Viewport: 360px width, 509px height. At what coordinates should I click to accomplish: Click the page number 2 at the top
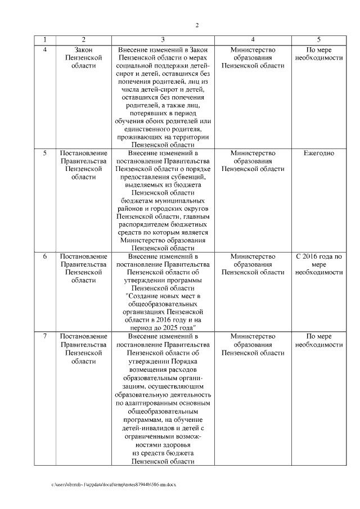(197, 25)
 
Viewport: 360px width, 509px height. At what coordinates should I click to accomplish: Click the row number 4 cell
(45, 50)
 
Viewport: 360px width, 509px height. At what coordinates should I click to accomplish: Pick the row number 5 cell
(45, 153)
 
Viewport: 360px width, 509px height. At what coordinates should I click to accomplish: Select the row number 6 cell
(45, 256)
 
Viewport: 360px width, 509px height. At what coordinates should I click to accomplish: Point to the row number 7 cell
(45, 336)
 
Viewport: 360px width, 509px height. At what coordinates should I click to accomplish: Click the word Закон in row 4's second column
(83, 50)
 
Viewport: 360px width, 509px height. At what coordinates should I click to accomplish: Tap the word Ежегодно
(319, 153)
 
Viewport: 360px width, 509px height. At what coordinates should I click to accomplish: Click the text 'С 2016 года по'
(319, 256)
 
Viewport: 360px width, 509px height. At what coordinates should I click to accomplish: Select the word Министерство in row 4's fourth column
(253, 50)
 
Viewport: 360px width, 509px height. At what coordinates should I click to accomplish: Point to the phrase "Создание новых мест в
(163, 296)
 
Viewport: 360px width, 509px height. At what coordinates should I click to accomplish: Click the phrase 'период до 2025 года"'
(163, 327)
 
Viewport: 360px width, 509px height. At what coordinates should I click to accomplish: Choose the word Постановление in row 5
(83, 153)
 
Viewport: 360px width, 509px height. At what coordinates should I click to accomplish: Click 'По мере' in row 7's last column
(319, 336)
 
